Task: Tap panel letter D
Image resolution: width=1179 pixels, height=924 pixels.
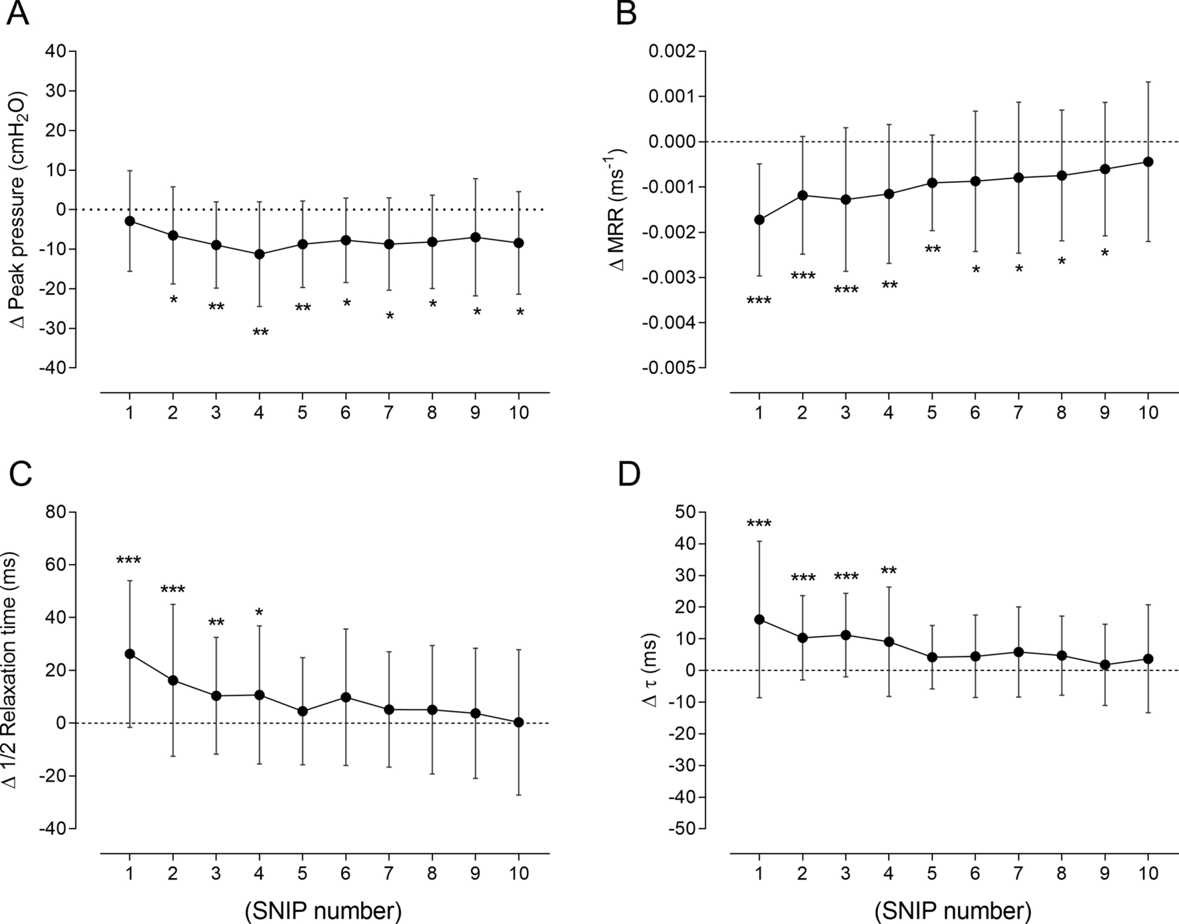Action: (629, 475)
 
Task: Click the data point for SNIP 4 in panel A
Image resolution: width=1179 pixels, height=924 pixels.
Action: (259, 254)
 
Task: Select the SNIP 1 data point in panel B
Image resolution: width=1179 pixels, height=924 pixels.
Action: (759, 220)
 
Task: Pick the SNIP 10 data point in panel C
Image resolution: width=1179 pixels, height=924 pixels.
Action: (519, 722)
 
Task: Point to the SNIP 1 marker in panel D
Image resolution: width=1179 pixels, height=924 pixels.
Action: (759, 619)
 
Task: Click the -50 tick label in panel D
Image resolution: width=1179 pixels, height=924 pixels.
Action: (681, 829)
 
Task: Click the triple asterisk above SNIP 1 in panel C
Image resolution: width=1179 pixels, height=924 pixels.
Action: (129, 561)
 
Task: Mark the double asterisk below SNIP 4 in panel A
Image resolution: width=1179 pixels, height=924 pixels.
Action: (260, 332)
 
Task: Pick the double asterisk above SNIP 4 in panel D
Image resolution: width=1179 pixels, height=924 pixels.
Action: (889, 571)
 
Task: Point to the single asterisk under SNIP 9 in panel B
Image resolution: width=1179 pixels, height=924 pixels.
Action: (1104, 253)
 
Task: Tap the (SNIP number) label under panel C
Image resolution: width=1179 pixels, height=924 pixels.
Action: (323, 910)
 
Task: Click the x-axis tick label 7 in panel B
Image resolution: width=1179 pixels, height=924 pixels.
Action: (1018, 413)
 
